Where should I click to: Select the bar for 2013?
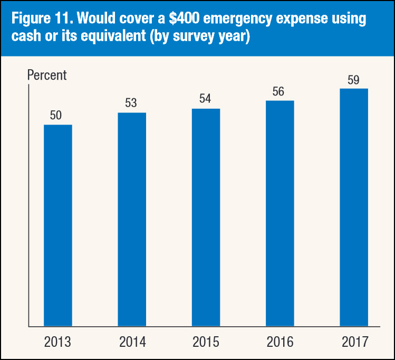(x=57, y=225)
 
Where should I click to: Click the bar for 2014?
(x=131, y=219)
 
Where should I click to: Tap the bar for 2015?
(x=206, y=217)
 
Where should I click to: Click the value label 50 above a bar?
(x=56, y=116)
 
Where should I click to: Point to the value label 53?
(x=131, y=103)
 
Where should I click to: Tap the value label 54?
(x=205, y=99)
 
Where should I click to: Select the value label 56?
(x=278, y=91)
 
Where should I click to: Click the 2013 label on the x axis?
(x=57, y=342)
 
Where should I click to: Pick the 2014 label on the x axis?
(x=131, y=342)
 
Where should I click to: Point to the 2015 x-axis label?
(x=206, y=342)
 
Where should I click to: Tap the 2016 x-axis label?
(x=280, y=342)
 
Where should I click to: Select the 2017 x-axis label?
(x=353, y=342)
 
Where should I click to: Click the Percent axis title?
(x=47, y=75)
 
